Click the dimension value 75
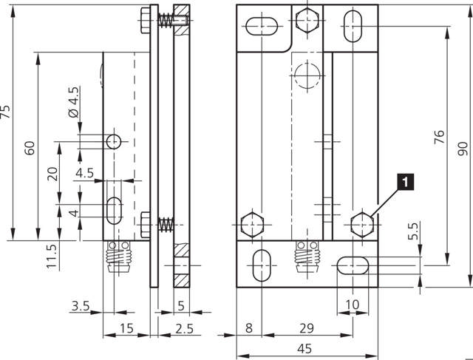(7, 112)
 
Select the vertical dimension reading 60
(30, 147)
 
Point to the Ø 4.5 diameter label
(72, 103)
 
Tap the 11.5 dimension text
(51, 255)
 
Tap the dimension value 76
(439, 139)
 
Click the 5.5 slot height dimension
(414, 231)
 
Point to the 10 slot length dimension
(352, 305)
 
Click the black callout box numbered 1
(404, 180)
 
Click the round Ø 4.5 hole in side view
(113, 141)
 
